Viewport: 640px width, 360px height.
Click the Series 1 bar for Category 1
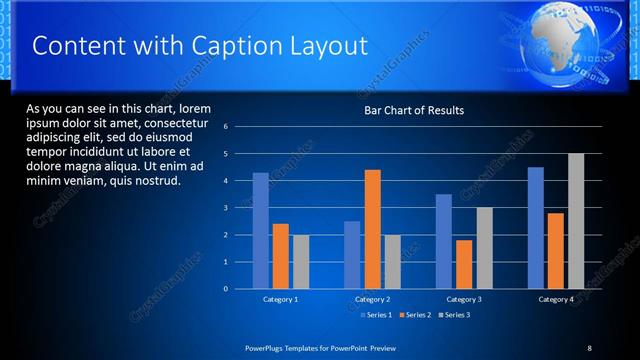click(260, 231)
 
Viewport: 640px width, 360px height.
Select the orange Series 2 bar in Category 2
click(372, 229)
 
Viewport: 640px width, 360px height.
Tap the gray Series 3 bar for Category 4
click(576, 221)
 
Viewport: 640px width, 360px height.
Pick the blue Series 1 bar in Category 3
click(444, 241)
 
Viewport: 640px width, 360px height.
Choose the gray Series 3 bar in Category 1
click(300, 261)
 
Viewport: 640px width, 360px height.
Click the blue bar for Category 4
click(536, 228)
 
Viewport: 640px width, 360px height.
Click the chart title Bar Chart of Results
click(413, 110)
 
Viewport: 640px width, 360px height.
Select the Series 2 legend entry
click(416, 315)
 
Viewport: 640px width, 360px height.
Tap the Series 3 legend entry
click(455, 315)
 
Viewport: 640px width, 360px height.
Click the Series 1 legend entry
click(375, 315)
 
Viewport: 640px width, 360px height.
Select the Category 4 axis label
click(556, 299)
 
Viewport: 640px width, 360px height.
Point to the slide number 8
click(589, 347)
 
